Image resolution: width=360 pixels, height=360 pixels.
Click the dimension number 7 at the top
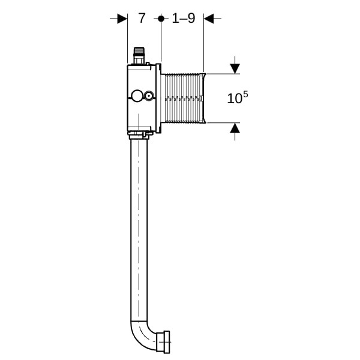point(142,18)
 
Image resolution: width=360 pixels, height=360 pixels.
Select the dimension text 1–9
point(184,18)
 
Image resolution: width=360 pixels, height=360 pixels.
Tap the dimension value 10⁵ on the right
point(238,97)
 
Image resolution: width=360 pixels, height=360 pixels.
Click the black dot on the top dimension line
point(161,19)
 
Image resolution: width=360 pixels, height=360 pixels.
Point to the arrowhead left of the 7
point(122,19)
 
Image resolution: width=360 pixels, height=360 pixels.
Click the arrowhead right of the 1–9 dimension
point(208,19)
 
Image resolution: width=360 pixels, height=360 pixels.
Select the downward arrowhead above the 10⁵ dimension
point(235,68)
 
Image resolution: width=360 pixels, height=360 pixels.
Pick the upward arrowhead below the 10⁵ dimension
point(235,128)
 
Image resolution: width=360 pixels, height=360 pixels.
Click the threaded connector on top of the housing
point(139,56)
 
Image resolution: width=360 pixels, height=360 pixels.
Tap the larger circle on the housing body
point(137,96)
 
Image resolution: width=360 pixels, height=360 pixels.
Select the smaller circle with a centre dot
point(149,95)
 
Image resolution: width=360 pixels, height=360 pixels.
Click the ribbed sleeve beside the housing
point(183,98)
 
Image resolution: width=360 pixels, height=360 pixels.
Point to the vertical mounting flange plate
point(158,98)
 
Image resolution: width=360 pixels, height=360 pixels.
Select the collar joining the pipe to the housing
point(139,136)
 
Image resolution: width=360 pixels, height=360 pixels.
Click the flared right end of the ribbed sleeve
point(204,98)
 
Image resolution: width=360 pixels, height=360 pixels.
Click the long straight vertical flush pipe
point(139,230)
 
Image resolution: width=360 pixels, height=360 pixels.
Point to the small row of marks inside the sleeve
point(183,99)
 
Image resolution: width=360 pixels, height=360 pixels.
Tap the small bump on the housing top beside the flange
point(148,64)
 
